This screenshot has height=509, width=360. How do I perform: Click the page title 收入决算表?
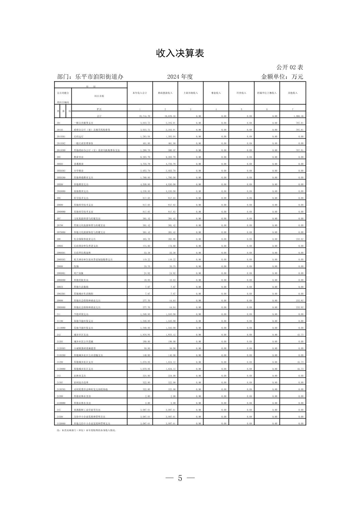180,53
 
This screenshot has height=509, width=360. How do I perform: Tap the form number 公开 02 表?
290,67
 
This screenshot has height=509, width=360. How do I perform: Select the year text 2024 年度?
180,77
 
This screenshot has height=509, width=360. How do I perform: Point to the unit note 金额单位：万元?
282,77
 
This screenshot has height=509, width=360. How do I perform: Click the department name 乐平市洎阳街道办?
99,77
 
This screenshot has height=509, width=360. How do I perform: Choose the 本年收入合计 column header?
140,93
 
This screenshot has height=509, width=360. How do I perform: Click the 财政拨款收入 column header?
165,93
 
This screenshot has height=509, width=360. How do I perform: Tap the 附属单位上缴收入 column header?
267,93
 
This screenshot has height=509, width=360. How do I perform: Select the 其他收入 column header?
293,93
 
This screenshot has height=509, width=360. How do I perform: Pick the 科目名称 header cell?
99,96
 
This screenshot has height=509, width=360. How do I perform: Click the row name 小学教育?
79,171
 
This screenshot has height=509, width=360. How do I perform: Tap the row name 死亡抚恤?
79,273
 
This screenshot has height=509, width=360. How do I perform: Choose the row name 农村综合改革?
80,382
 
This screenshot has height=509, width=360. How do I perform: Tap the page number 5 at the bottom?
180,478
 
